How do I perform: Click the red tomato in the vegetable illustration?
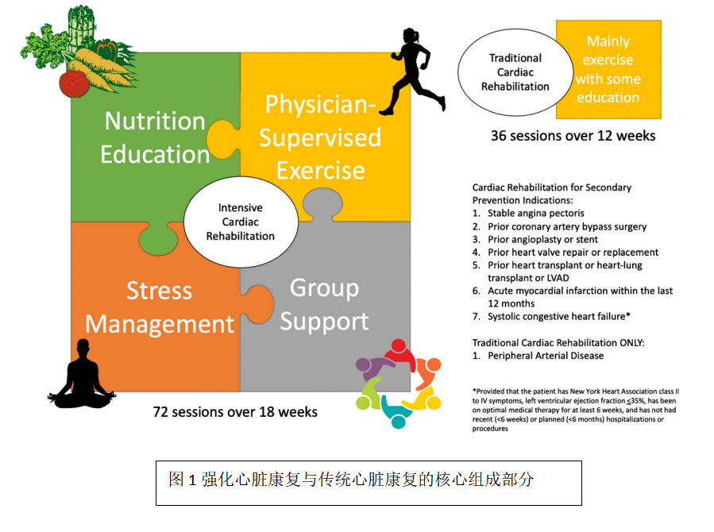coord(74,83)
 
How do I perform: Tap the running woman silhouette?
coord(412,71)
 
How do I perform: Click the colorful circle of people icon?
coord(399,384)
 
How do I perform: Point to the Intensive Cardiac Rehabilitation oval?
coord(241,222)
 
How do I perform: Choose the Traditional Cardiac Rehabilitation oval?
coord(515,72)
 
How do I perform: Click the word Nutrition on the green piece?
coord(155,121)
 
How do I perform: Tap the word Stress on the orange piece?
coord(159,291)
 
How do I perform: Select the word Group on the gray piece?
coord(324,289)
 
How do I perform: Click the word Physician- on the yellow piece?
coord(321,104)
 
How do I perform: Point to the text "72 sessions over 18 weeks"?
coord(235,412)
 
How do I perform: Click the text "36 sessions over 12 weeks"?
coord(573,136)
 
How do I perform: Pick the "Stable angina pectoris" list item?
coord(535,213)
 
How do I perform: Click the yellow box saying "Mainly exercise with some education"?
coord(608,70)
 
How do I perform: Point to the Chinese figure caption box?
coord(369,483)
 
